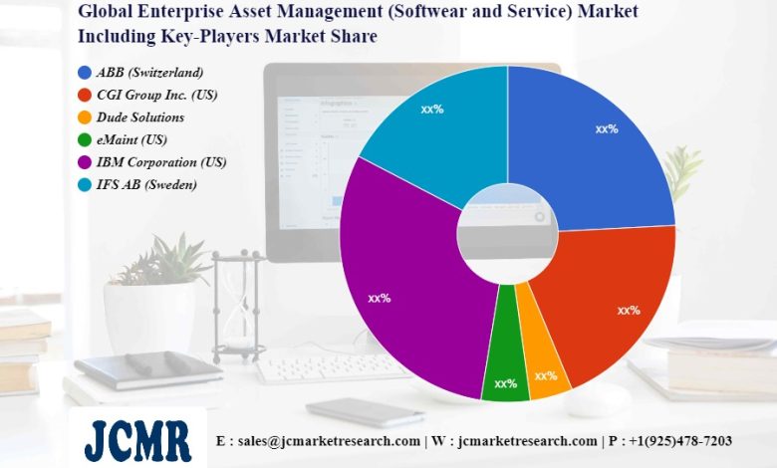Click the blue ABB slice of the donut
(x=598, y=139)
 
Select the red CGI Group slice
(x=618, y=299)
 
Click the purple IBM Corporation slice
(x=398, y=279)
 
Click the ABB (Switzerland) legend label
(x=150, y=73)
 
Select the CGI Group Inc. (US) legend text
(x=157, y=96)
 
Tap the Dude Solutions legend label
(x=140, y=117)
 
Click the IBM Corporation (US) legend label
(x=161, y=162)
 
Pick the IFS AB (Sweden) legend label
(x=147, y=185)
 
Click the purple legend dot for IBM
(x=84, y=162)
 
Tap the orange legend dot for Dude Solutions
(x=84, y=117)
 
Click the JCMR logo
(x=136, y=438)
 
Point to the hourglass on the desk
(x=238, y=305)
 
